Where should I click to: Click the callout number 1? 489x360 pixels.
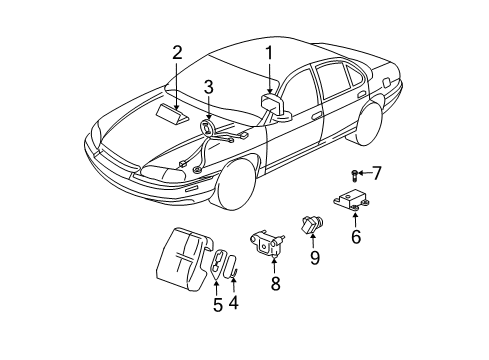coord(268,52)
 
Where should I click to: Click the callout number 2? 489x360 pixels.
coord(177,52)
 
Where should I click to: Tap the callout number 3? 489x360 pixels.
coord(208,88)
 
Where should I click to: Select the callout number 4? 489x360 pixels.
coord(235,302)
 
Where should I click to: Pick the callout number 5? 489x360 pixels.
coord(217,306)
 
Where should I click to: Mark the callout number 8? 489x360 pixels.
coord(276,283)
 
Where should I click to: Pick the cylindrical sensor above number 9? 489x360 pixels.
coord(308,221)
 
